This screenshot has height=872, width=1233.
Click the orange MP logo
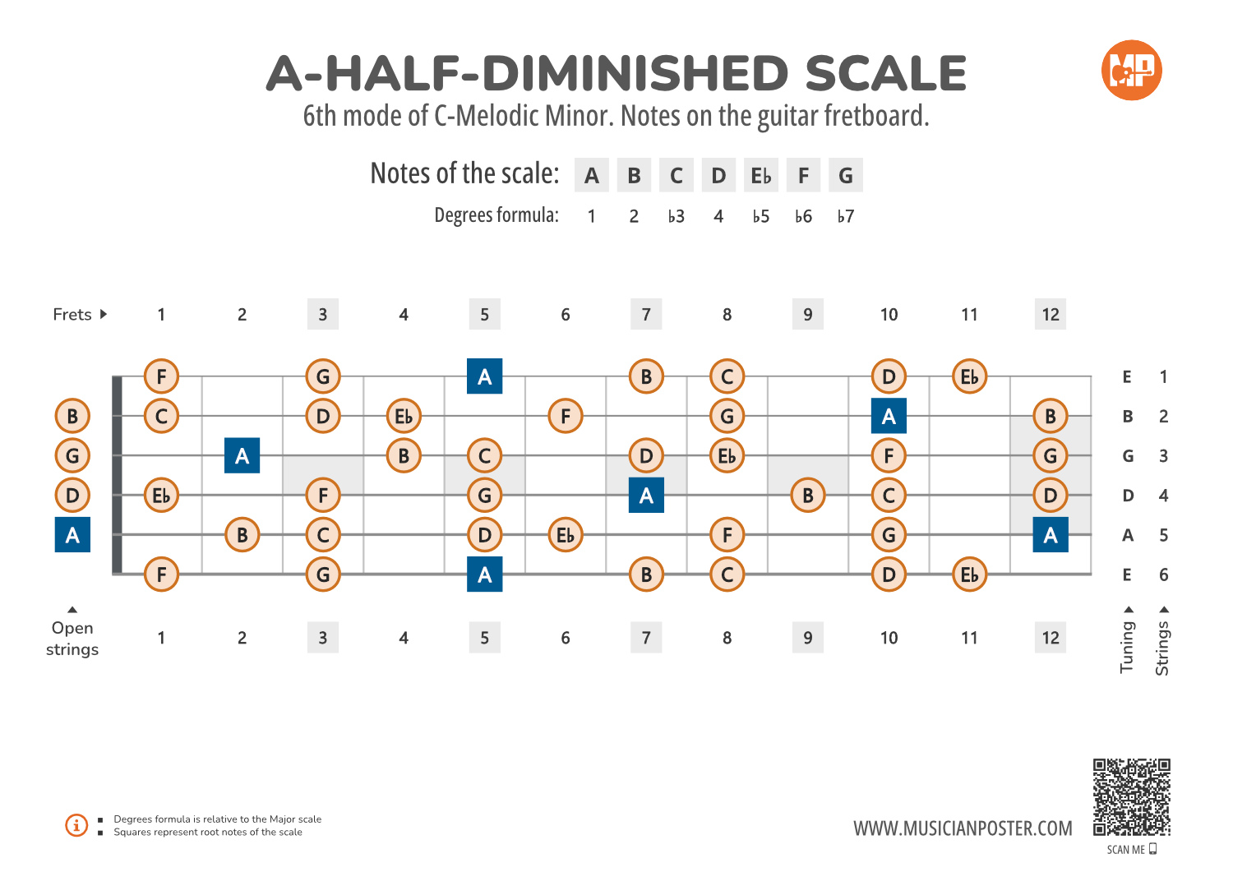pyautogui.click(x=1131, y=71)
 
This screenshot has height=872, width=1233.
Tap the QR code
pyautogui.click(x=1131, y=797)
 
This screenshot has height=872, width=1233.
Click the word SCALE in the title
pyautogui.click(x=885, y=74)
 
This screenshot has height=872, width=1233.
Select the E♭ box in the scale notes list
pyautogui.click(x=760, y=176)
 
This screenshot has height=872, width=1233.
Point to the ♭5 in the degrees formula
pyautogui.click(x=760, y=216)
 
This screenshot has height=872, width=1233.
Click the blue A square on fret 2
pyautogui.click(x=242, y=456)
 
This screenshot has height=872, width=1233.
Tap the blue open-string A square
pyautogui.click(x=72, y=535)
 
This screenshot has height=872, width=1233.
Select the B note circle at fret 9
pyautogui.click(x=808, y=496)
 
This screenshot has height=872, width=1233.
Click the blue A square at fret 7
pyautogui.click(x=646, y=496)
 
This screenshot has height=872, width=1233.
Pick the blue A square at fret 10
pyautogui.click(x=889, y=417)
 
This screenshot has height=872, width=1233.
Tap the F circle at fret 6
pyautogui.click(x=566, y=417)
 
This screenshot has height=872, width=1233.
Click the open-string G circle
pyautogui.click(x=72, y=456)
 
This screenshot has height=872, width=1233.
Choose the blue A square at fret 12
pyautogui.click(x=1051, y=535)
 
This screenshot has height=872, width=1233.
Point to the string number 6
pyautogui.click(x=1163, y=574)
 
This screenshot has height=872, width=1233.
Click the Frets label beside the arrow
pyautogui.click(x=72, y=315)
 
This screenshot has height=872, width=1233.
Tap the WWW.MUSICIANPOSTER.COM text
pyautogui.click(x=963, y=828)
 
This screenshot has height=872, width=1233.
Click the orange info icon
pyautogui.click(x=76, y=825)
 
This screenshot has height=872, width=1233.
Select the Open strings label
pyautogui.click(x=72, y=639)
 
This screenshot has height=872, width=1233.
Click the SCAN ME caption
pyautogui.click(x=1126, y=850)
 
